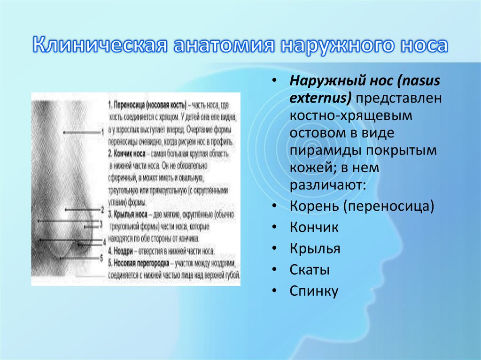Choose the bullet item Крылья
click(315, 248)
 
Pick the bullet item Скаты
click(309, 270)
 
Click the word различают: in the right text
click(327, 184)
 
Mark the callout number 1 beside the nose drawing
click(102, 133)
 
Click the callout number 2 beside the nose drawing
click(102, 209)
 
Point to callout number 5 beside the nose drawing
click(102, 257)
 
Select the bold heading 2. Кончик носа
click(130, 153)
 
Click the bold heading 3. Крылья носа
click(130, 214)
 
